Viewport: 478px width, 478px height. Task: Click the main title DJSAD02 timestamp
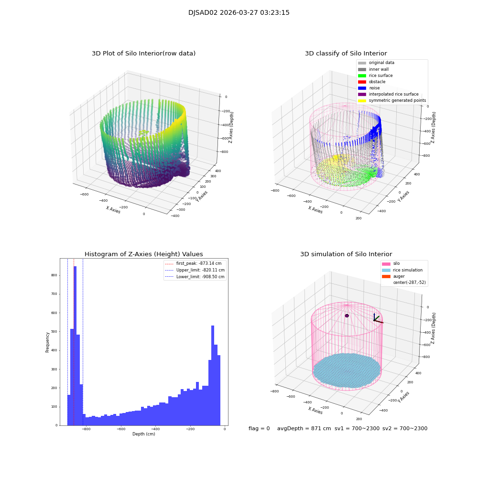tap(239, 13)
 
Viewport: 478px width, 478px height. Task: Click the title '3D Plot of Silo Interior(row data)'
tap(143, 54)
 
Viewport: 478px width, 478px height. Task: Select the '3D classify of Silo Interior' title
tap(346, 54)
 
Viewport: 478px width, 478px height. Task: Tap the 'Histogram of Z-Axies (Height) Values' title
tap(143, 254)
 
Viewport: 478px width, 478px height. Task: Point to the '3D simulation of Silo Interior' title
tap(346, 254)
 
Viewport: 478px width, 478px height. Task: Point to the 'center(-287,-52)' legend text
tap(409, 282)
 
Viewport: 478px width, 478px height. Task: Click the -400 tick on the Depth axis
tap(155, 429)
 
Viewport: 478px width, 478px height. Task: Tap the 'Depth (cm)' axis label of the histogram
tap(143, 434)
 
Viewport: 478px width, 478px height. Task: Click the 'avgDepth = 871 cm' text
tap(304, 429)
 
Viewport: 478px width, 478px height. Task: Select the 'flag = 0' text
tap(259, 429)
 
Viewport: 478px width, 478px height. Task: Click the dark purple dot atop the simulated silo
tap(347, 315)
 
